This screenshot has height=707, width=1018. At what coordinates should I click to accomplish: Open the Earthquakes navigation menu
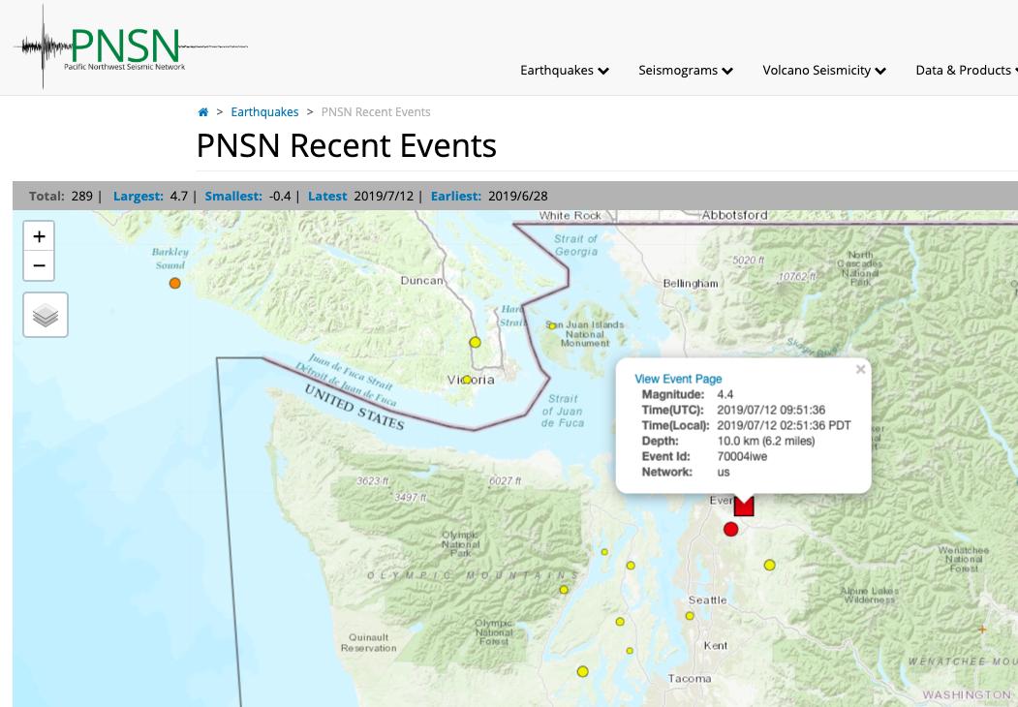tap(564, 70)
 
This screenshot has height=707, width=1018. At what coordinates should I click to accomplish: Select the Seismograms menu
tap(685, 70)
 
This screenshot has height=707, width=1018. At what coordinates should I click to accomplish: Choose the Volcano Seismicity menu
tap(823, 70)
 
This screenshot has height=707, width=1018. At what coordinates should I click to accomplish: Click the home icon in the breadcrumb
tap(203, 112)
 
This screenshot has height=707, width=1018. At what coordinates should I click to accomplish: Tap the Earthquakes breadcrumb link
tap(264, 112)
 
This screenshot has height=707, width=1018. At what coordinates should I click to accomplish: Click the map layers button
tap(46, 315)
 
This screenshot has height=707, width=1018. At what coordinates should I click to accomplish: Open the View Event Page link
tap(678, 379)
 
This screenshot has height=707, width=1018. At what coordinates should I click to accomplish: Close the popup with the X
tap(860, 369)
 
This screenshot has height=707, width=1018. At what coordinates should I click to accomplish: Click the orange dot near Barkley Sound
tap(175, 284)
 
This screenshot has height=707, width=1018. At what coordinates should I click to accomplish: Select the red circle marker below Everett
tap(731, 529)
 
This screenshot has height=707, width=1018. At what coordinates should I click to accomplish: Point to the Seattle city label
tap(707, 600)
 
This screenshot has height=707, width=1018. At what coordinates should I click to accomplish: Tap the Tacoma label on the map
tap(690, 679)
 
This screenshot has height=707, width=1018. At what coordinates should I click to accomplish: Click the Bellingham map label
tap(691, 284)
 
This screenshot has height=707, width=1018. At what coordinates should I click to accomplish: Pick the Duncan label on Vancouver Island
tap(421, 281)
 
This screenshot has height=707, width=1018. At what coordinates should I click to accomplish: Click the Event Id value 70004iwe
tap(742, 456)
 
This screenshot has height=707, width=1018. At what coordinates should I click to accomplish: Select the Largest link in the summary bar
tap(139, 196)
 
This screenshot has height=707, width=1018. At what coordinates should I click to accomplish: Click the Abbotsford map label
tap(734, 215)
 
